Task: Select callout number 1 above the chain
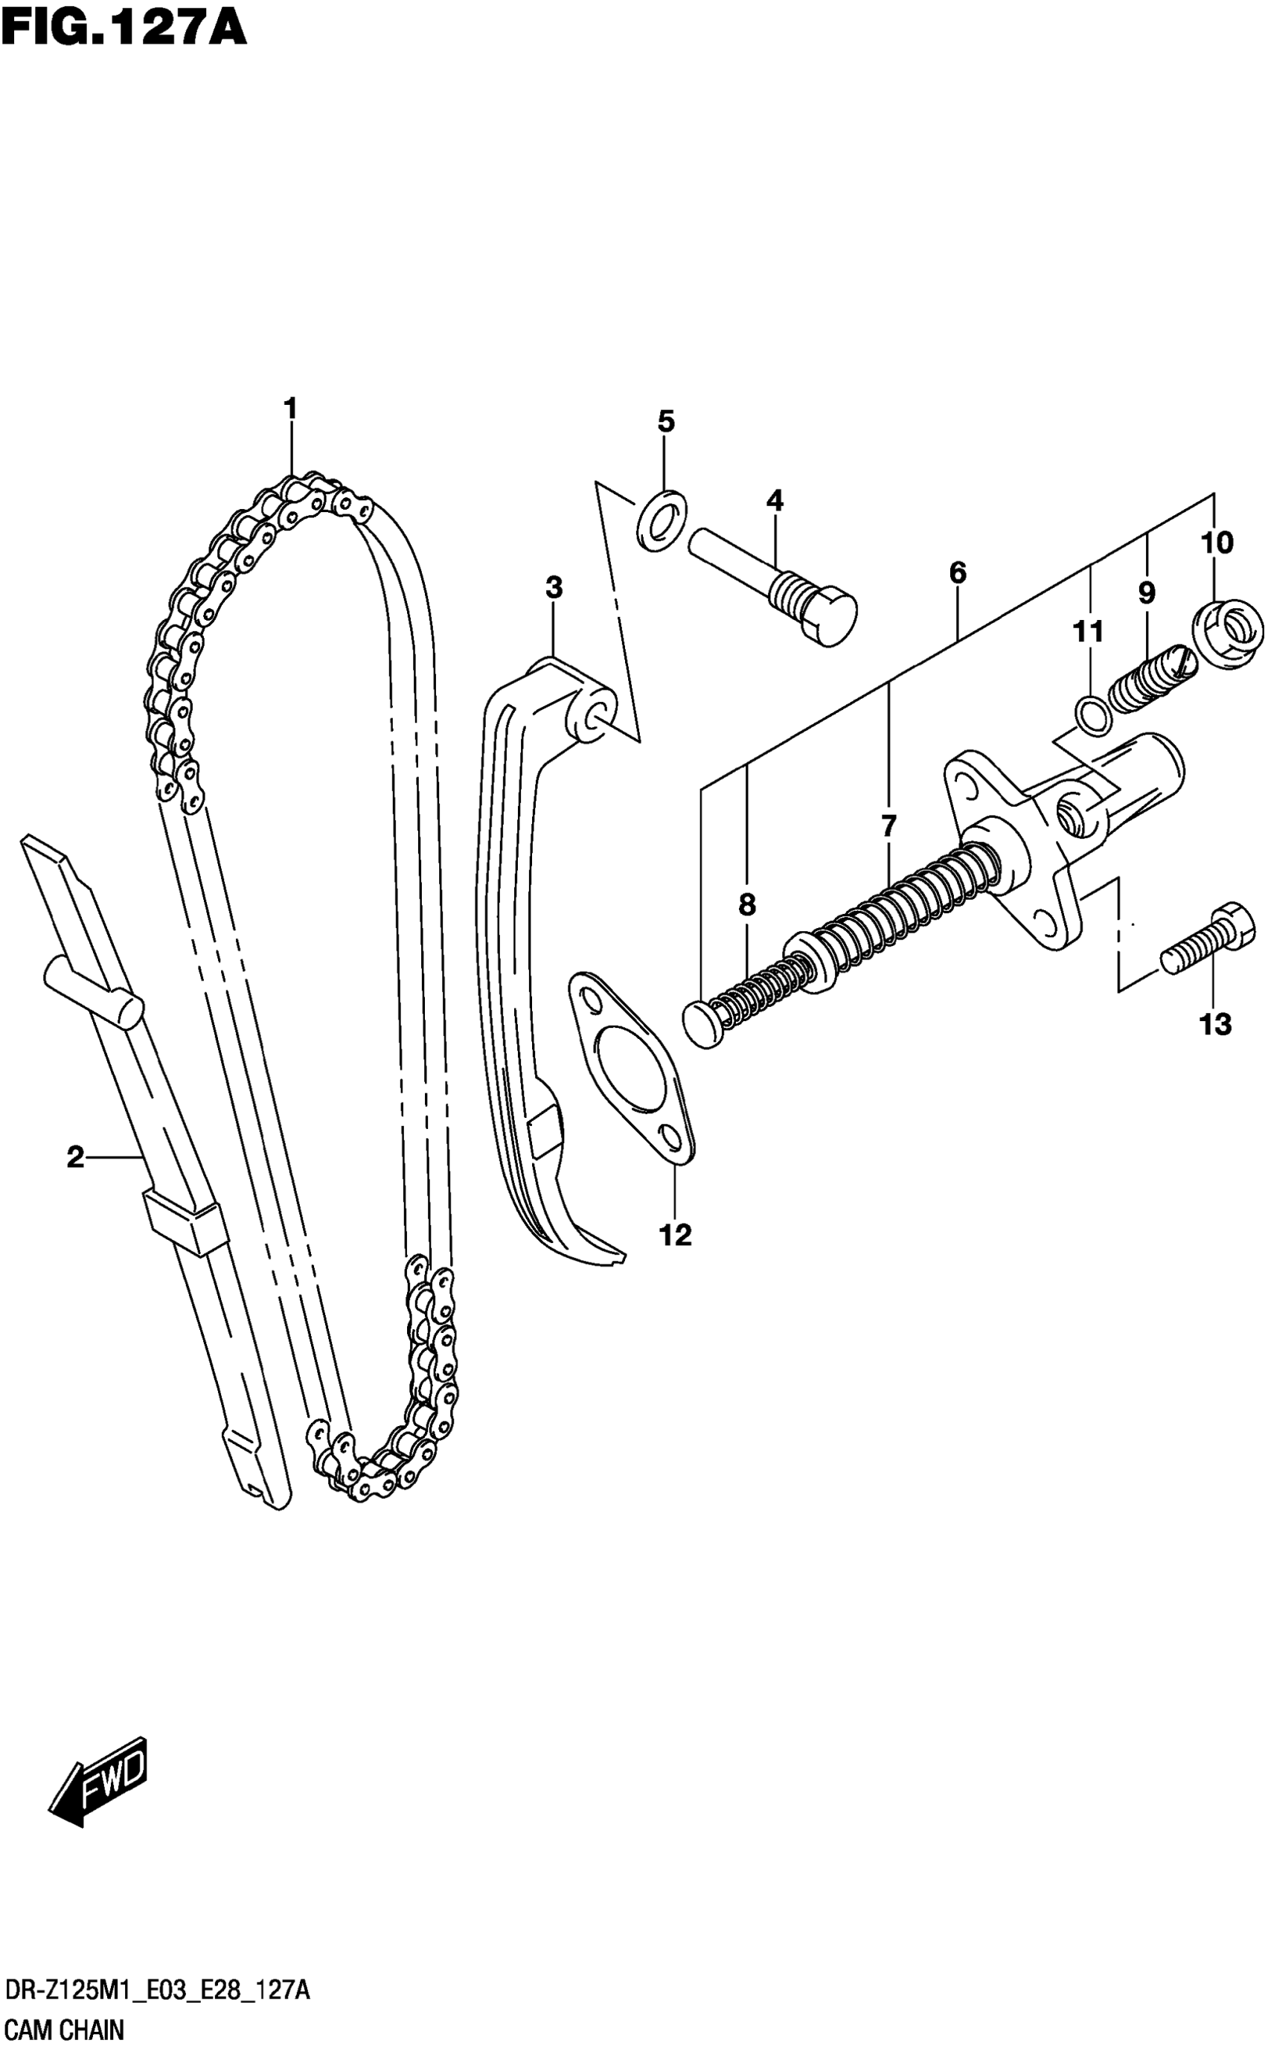290,410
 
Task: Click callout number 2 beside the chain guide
75,1158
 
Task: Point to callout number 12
675,1235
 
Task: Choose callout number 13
1215,1024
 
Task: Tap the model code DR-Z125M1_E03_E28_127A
157,1989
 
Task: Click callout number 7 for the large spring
888,826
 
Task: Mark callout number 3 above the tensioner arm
554,588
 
